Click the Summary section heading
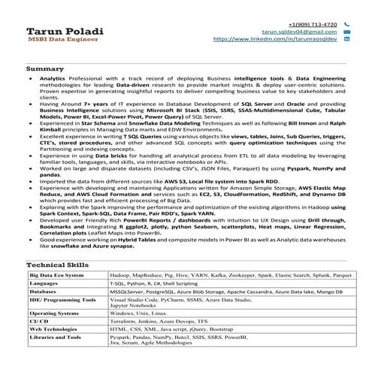click(x=40, y=68)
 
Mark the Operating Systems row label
click(x=53, y=312)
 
